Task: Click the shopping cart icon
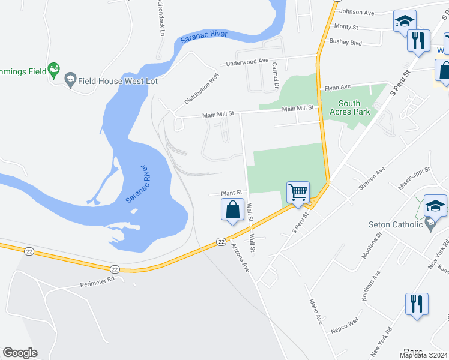click(x=298, y=193)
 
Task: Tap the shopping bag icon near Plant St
click(x=232, y=211)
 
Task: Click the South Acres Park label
click(x=349, y=107)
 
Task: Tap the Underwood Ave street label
click(x=247, y=61)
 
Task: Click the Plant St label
click(x=231, y=193)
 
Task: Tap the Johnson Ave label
click(x=357, y=11)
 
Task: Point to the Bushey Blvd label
click(x=346, y=42)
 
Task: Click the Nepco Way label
click(x=344, y=325)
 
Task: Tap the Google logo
click(x=20, y=353)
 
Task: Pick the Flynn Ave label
click(x=337, y=88)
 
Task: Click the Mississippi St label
click(x=415, y=179)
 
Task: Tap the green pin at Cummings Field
click(x=54, y=70)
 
